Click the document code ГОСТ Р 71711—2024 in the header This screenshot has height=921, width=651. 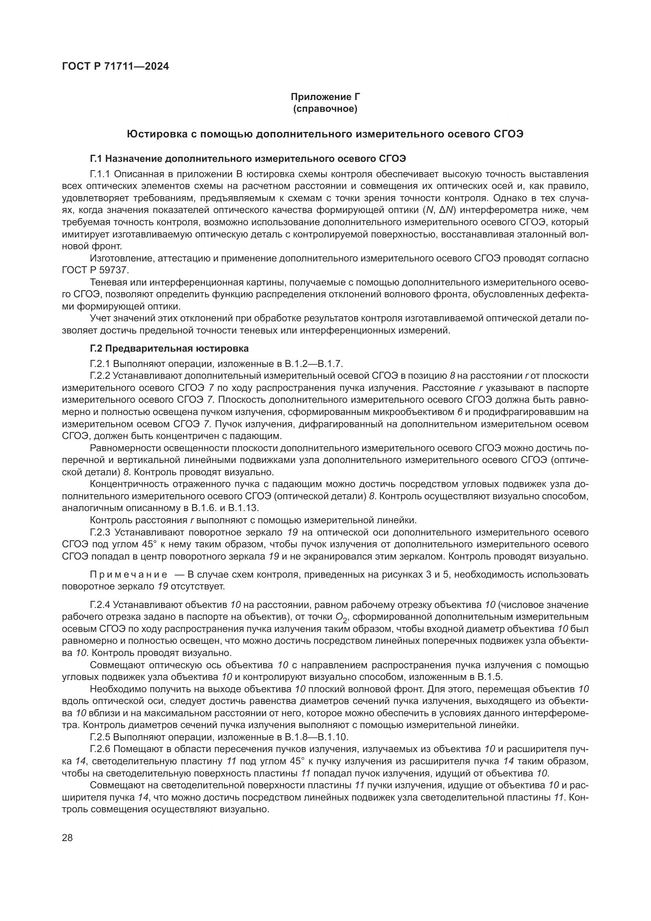115,67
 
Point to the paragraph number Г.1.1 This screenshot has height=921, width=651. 102,174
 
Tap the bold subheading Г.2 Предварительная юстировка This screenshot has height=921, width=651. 169,348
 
